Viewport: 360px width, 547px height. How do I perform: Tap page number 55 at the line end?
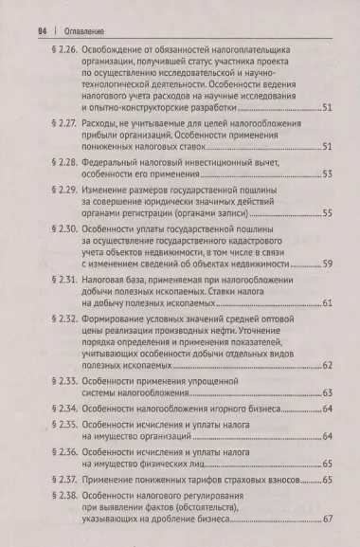(x=327, y=215)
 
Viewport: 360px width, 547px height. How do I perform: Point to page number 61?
(x=327, y=302)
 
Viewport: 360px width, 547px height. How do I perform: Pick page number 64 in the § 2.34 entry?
(x=327, y=409)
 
